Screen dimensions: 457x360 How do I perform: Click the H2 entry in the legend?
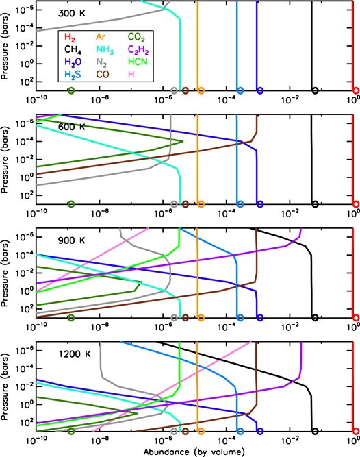pos(70,36)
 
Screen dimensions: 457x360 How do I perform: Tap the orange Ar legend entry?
pos(100,36)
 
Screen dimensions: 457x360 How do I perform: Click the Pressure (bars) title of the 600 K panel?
pos(7,159)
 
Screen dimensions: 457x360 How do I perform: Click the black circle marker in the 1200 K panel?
pos(315,431)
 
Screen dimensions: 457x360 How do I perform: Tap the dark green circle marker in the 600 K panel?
pos(71,204)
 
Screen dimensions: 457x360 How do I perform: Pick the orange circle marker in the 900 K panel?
pos(201,318)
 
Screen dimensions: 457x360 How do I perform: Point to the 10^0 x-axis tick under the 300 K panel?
pos(354,101)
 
